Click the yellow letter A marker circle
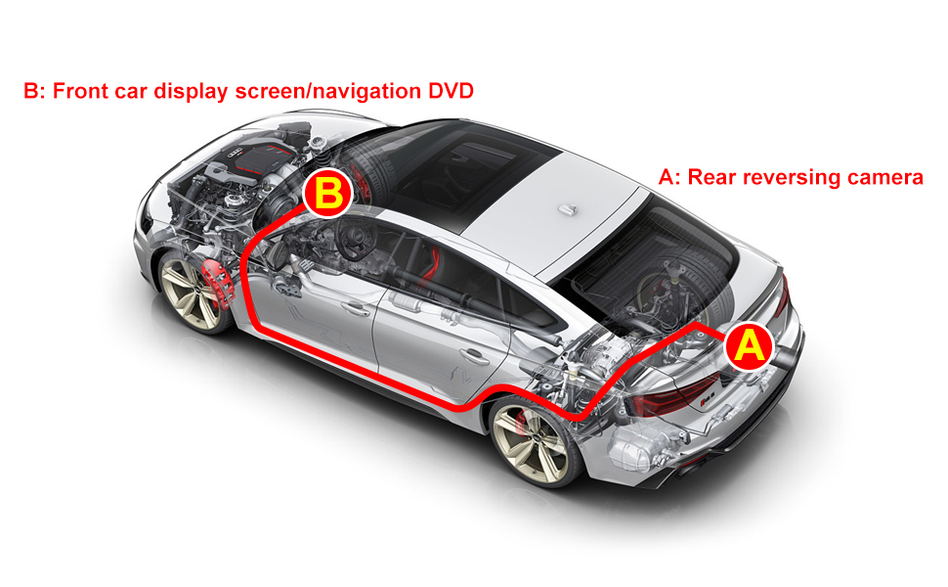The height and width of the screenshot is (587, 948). point(748,346)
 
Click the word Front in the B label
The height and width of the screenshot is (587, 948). point(78,91)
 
